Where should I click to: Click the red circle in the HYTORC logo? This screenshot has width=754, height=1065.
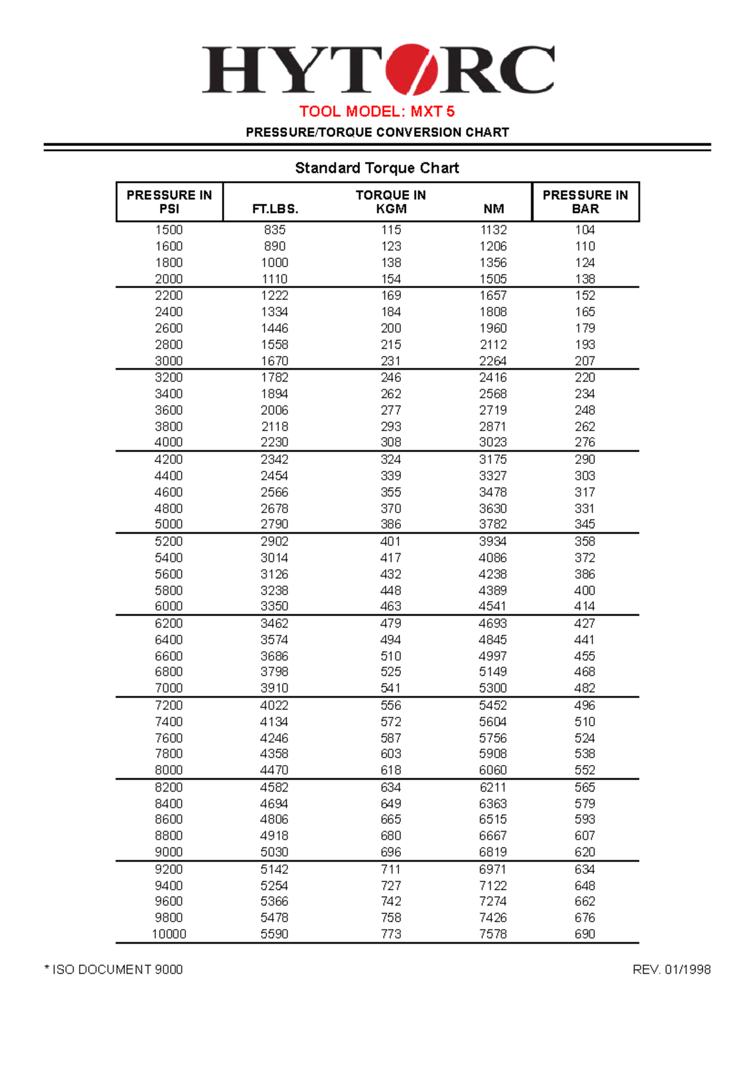pos(412,69)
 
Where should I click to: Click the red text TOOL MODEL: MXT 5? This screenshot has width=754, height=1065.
pos(377,111)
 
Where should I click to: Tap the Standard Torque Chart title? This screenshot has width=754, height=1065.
pos(377,168)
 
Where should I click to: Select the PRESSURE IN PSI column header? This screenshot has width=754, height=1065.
pos(169,202)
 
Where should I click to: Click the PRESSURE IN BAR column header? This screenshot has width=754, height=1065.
pos(585,202)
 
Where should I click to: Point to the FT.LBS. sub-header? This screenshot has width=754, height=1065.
pos(275,209)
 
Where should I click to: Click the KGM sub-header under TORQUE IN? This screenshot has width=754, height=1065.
pos(391,209)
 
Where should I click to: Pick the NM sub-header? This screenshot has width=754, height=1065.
pos(493,209)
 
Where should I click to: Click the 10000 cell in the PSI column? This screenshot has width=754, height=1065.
pos(169,934)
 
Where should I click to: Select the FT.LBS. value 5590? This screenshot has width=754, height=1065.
pos(275,934)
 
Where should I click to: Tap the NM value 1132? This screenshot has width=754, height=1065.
pos(493,230)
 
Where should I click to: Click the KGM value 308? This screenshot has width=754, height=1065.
pos(391,442)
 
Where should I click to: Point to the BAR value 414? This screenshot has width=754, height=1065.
pos(584,606)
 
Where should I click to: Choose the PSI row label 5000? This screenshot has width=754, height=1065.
pos(169,524)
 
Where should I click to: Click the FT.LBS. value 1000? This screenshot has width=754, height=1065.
pos(275,263)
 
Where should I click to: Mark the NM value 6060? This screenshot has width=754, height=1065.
pos(493,770)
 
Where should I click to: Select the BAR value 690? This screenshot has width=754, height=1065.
pos(584,934)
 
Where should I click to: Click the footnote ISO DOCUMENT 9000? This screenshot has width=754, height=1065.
pos(114,969)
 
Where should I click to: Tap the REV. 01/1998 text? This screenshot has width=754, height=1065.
pos(671,969)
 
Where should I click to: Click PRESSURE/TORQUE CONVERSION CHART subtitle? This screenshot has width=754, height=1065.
pos(377,133)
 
